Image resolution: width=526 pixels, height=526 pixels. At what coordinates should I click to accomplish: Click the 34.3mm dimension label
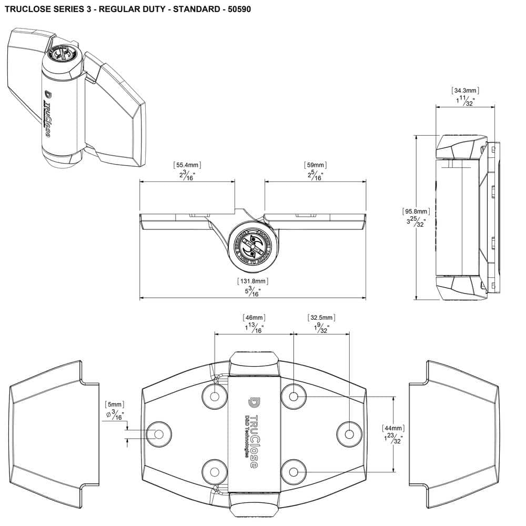pyautogui.click(x=465, y=90)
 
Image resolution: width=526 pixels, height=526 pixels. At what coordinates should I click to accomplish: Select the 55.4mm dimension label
pyautogui.click(x=187, y=165)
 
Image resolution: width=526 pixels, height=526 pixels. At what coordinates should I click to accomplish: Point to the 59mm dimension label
pyautogui.click(x=315, y=165)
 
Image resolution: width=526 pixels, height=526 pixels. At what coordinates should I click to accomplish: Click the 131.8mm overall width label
pyautogui.click(x=252, y=281)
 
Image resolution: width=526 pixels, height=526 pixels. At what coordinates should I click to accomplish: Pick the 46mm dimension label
pyautogui.click(x=254, y=318)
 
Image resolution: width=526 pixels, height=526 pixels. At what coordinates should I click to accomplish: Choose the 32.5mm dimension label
pyautogui.click(x=321, y=318)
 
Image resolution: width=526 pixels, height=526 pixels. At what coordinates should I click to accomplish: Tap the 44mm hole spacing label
pyautogui.click(x=393, y=428)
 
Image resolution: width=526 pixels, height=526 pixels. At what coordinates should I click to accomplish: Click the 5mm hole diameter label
pyautogui.click(x=114, y=404)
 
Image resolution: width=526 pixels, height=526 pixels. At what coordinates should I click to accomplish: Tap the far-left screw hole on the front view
pyautogui.click(x=159, y=434)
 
